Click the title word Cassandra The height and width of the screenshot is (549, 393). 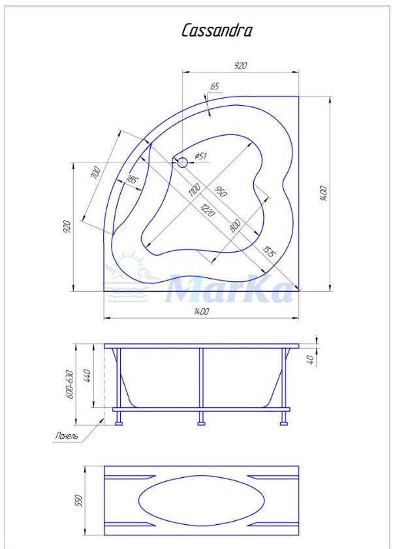217,31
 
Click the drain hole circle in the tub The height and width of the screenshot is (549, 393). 183,163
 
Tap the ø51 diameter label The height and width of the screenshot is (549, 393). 200,156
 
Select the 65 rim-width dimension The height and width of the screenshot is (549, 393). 215,86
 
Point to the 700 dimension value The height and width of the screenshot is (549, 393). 96,172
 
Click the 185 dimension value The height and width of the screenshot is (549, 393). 132,180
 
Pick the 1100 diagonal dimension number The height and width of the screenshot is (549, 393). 195,189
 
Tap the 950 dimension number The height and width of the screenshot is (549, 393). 221,191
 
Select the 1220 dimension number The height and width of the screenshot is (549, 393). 208,210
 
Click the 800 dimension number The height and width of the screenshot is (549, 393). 235,225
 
